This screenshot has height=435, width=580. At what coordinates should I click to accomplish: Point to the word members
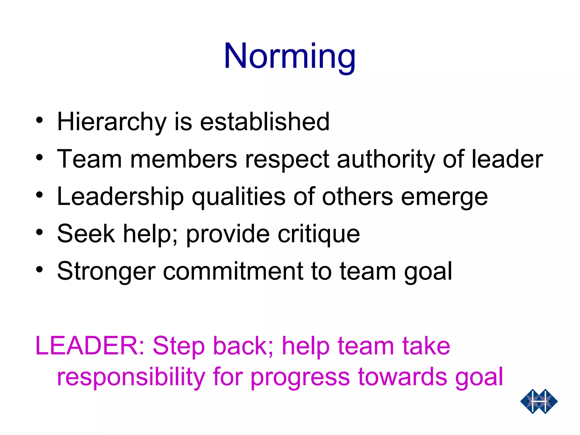pos(184,159)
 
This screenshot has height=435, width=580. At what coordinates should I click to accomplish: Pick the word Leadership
pos(120,197)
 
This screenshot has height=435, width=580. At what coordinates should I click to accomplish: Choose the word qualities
pos(238,197)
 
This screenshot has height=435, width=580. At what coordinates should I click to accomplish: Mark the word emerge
pos(444,197)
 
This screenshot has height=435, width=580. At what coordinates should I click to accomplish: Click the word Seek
pos(86,234)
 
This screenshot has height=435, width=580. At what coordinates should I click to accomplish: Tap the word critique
pos(319,234)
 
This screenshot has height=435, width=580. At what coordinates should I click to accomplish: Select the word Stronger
pos(106,271)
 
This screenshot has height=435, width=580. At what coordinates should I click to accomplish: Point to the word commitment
pos(233,271)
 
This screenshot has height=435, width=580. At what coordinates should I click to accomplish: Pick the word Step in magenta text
pos(178,346)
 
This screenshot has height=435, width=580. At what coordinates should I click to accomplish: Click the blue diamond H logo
pos(539,401)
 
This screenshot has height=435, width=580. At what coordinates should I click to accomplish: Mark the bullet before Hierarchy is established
pos(39,120)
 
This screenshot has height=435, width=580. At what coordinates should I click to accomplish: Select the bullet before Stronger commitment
pos(39,269)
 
